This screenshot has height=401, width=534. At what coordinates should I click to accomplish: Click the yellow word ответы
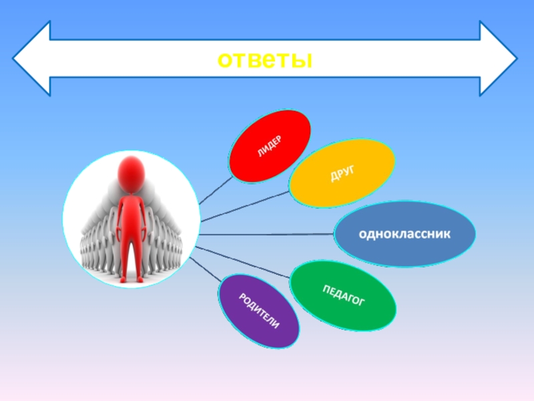click(x=266, y=59)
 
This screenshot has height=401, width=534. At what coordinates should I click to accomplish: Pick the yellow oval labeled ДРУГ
click(x=342, y=173)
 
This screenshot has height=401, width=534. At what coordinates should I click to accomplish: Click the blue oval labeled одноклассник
click(x=405, y=234)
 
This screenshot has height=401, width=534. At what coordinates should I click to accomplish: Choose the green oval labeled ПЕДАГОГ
click(x=344, y=295)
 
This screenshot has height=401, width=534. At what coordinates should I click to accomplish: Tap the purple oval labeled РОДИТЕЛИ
click(x=259, y=311)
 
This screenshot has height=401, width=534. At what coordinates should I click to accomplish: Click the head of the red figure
click(x=132, y=172)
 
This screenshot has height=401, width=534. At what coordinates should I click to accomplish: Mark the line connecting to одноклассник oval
click(x=267, y=235)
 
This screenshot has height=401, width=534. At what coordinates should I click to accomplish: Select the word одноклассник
click(x=405, y=235)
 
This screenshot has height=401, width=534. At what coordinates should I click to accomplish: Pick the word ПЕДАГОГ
click(x=344, y=295)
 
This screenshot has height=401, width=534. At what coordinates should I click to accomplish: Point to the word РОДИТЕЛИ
click(x=259, y=311)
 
